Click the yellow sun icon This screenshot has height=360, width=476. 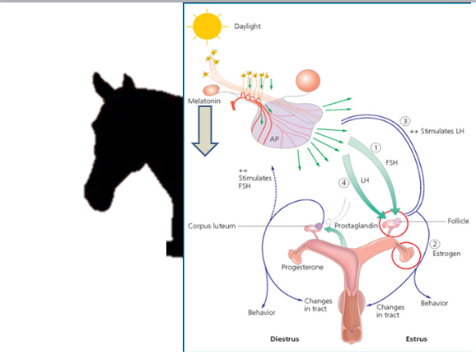pos(207,26)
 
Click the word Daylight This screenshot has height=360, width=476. pos(247,26)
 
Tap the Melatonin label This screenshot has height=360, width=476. pos(204,101)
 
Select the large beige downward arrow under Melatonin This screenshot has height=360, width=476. pos(205,131)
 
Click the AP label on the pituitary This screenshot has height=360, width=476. pos(274,139)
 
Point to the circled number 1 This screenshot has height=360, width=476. pos(376,147)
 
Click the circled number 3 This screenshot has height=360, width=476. pos(405,121)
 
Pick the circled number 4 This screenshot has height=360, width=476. pos(343,183)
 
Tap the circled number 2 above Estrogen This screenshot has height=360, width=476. pos(435,244)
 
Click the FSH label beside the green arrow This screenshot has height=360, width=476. pos(392,163)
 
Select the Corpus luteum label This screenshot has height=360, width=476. pos(212,226)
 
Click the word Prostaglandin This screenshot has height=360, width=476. pos(356,226)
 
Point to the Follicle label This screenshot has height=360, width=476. pos(458,221)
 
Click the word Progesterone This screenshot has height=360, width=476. pos(302,268)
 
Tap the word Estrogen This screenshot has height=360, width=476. pos(446,254)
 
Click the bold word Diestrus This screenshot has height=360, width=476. pos(284,339)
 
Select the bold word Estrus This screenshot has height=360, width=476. pos(417,339)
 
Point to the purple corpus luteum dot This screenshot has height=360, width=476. pos(319,226)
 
